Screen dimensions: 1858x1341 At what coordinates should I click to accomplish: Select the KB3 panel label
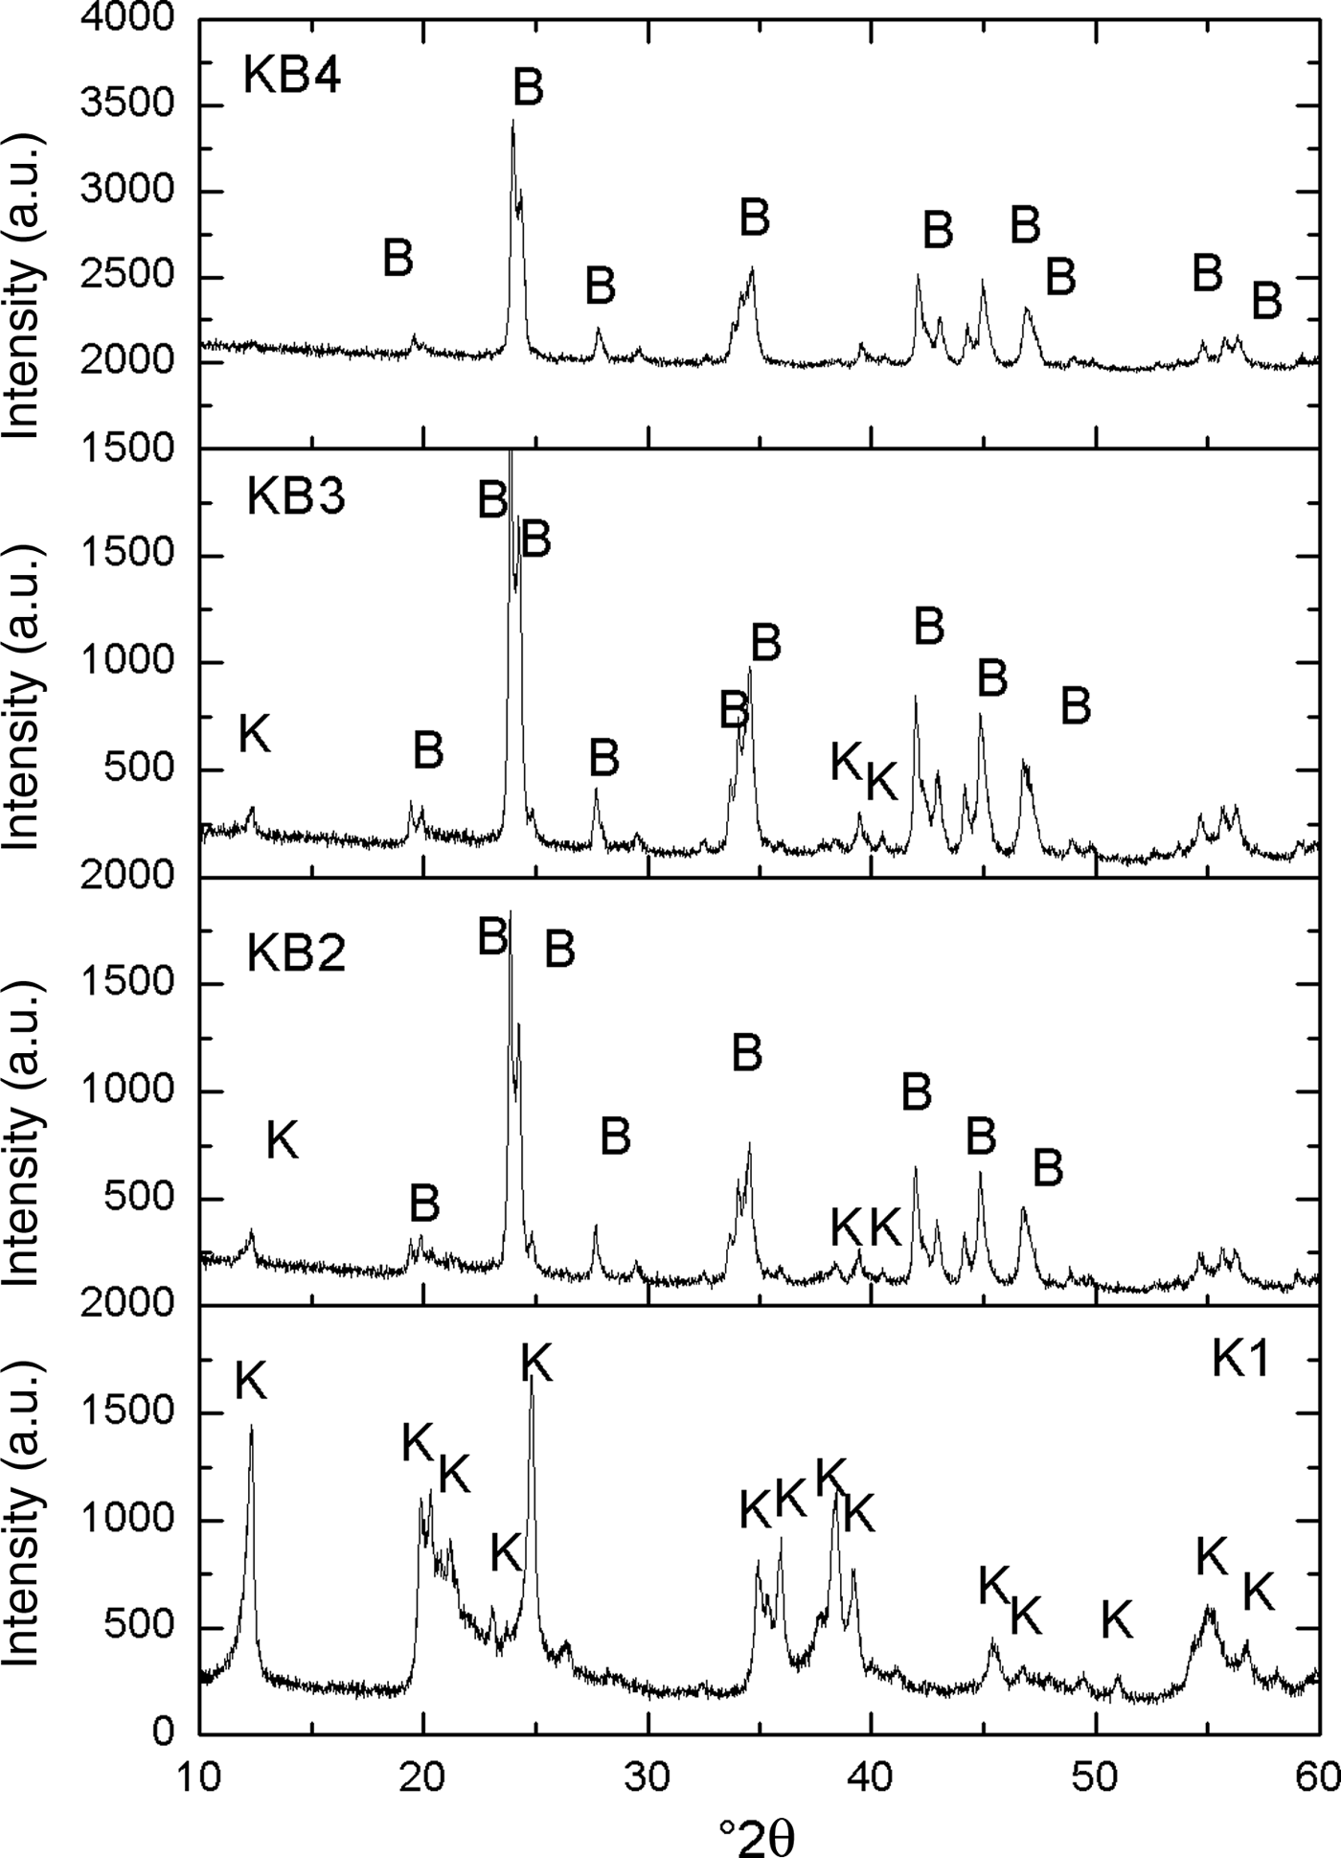[x=296, y=497]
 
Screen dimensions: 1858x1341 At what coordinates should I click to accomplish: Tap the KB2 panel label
[x=296, y=953]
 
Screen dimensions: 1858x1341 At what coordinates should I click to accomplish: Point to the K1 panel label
[x=1240, y=1361]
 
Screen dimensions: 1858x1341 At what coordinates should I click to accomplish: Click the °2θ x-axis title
[x=756, y=1837]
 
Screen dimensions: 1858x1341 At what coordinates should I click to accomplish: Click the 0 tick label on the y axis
[x=163, y=1732]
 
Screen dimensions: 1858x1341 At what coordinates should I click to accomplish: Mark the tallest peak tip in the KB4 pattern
[x=513, y=121]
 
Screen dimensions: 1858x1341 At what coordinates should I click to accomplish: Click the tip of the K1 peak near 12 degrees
[x=252, y=1426]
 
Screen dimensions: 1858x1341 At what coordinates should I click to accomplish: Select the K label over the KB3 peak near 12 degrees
[x=255, y=735]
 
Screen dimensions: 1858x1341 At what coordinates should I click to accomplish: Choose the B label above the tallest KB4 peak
[x=528, y=86]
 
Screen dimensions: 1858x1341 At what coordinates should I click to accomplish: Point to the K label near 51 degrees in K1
[x=1117, y=1619]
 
